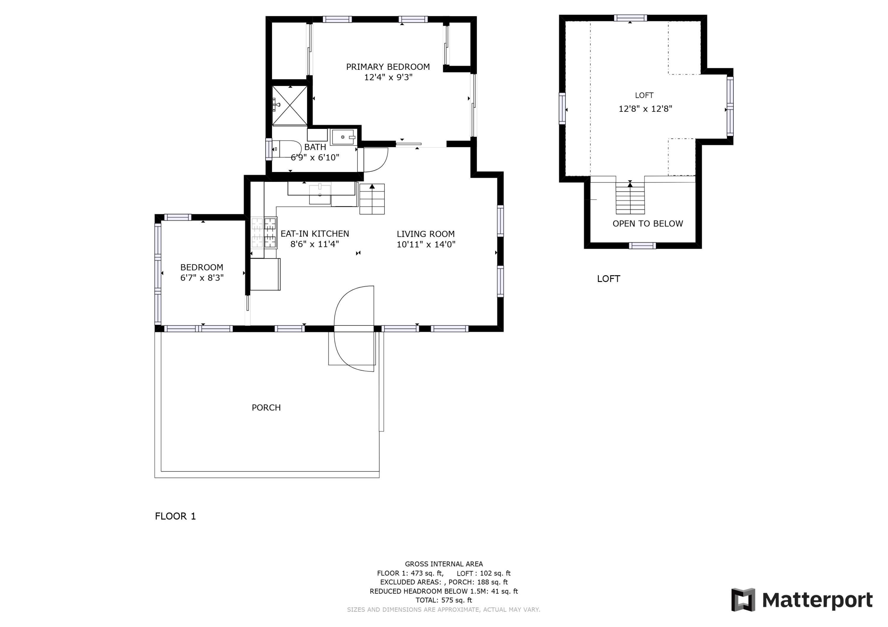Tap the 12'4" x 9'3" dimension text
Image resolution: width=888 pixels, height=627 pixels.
click(x=388, y=77)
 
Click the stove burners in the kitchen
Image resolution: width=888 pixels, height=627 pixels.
click(x=264, y=233)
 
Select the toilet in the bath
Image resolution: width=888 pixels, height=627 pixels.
click(x=286, y=149)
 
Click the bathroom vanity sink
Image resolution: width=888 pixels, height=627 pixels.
click(x=343, y=137)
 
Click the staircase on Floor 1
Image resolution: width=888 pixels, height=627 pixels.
click(x=372, y=199)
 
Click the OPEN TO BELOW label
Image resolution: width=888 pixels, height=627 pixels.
click(x=647, y=224)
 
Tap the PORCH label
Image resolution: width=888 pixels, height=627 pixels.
click(x=266, y=408)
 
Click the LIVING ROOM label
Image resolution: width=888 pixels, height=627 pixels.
click(x=425, y=234)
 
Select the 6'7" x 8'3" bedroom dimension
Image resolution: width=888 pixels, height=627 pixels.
click(x=202, y=278)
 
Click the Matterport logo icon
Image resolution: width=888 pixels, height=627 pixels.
click(x=743, y=600)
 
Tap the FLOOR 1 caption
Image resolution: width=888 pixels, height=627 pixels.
click(x=175, y=516)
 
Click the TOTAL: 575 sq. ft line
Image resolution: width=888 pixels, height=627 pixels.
click(x=444, y=600)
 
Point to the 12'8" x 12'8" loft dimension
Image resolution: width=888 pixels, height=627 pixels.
click(x=645, y=109)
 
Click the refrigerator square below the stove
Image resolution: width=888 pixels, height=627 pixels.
click(x=265, y=274)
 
